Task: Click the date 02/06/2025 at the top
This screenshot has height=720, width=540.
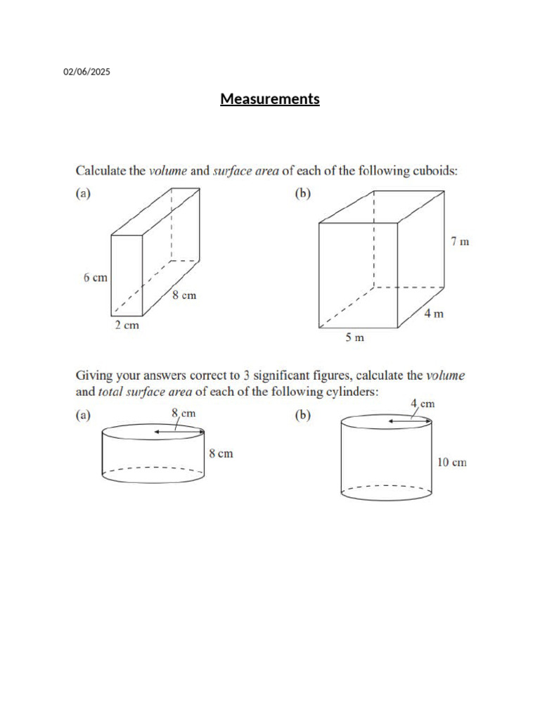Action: coord(87,72)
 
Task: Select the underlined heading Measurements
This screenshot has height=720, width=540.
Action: coord(270,99)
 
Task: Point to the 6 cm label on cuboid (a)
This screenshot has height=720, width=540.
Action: coord(95,277)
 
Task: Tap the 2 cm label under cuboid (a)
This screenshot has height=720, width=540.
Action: coord(127,326)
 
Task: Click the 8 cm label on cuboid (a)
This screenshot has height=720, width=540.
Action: coord(184,296)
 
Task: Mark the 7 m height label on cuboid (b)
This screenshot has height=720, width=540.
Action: coord(459,241)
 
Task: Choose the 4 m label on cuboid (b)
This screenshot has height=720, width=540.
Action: coord(434,314)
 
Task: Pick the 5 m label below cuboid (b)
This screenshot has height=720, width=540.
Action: coord(354,337)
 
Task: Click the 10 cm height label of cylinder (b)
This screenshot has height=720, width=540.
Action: coord(451,462)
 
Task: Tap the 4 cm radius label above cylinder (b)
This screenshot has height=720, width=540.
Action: coord(423,404)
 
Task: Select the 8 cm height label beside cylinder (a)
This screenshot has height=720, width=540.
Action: coord(221,454)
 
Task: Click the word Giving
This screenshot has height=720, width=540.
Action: coord(95,376)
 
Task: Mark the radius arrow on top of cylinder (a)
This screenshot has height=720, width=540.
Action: coord(179,432)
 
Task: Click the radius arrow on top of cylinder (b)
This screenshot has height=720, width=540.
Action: coord(409,420)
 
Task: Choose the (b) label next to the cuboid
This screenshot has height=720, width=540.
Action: coord(302,193)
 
